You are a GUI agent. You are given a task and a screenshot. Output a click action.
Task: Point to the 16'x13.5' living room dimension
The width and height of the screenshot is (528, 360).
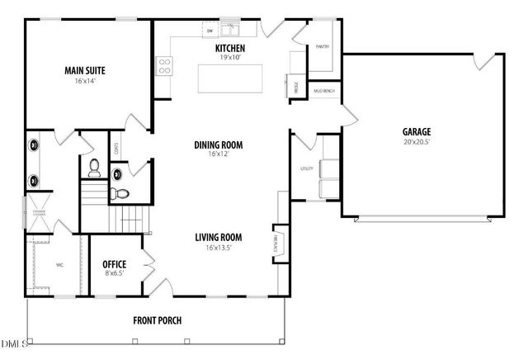(x=218, y=247)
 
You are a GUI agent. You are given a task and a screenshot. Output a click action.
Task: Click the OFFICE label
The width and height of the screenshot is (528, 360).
(x=114, y=264)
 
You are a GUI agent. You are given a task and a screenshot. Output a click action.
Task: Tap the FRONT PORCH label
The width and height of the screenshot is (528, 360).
(x=158, y=320)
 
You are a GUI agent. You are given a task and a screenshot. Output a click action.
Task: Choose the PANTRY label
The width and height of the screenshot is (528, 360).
(x=322, y=47)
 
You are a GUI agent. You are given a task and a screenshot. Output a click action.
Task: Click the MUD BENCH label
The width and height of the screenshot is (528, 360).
(x=323, y=90)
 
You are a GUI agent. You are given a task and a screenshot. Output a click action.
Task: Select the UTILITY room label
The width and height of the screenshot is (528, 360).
(x=306, y=168)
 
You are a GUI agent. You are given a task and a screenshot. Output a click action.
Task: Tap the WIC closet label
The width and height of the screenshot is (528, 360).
(x=59, y=265)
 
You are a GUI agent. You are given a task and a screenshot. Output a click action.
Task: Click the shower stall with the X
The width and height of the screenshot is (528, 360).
(x=38, y=213)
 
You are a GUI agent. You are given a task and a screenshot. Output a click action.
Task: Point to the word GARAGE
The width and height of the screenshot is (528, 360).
(x=417, y=131)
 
